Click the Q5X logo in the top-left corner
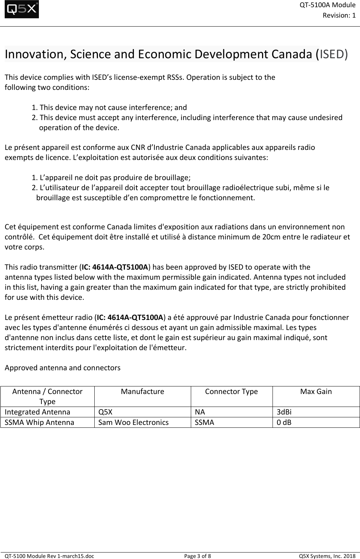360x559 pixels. pyautogui.click(x=22, y=10)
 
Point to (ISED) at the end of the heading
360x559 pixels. pyautogui.click(x=333, y=54)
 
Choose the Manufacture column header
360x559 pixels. pyautogui.click(x=142, y=391)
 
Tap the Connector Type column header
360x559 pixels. pyautogui.click(x=231, y=391)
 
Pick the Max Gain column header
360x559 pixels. pyautogui.click(x=316, y=391)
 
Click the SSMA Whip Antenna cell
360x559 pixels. pyautogui.click(x=40, y=422)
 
